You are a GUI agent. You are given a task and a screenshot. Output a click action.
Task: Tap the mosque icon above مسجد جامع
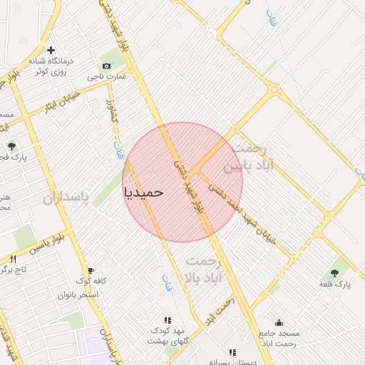(279, 322)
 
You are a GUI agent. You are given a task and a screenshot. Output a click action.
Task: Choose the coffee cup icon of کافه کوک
(91, 270)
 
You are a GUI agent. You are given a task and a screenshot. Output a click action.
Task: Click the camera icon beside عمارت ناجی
(107, 66)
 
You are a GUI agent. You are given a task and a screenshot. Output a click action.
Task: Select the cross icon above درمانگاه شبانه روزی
(50, 50)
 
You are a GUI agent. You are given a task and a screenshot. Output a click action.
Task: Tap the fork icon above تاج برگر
(13, 259)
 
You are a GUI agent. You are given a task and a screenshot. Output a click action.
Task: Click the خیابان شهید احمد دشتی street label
(249, 217)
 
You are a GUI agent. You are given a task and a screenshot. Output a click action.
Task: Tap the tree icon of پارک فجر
(11, 146)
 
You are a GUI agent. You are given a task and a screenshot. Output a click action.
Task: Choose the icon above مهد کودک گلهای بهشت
(167, 321)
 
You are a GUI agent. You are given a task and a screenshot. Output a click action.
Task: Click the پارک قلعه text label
(335, 285)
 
